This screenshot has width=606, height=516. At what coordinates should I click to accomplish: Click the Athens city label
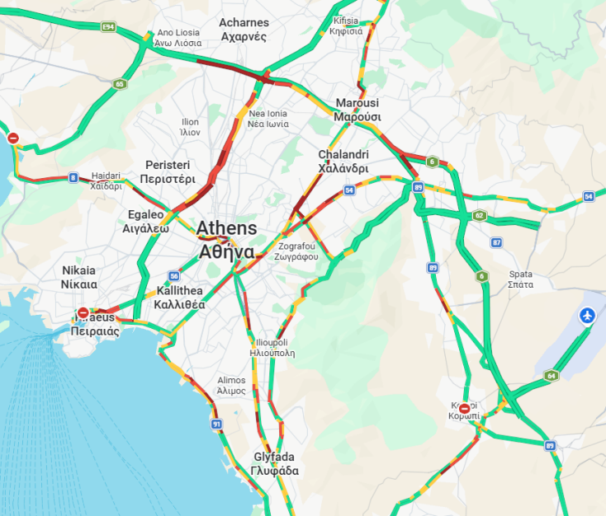tap(225, 240)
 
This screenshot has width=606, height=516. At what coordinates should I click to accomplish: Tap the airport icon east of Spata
tap(587, 315)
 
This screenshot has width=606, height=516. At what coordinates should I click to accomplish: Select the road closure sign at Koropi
tap(465, 408)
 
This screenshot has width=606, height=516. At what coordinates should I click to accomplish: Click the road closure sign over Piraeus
tap(83, 313)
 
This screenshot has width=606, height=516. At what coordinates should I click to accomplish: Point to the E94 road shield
tap(108, 27)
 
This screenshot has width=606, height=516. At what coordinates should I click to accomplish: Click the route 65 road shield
tap(120, 84)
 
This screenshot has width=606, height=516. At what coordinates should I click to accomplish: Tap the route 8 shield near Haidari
tap(73, 177)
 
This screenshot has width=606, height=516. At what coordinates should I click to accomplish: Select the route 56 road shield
tap(174, 276)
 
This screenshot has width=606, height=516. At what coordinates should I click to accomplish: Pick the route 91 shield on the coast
tap(216, 425)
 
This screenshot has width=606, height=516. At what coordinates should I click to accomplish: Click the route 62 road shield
tap(479, 216)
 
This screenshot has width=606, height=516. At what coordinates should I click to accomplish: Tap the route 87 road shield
tap(496, 242)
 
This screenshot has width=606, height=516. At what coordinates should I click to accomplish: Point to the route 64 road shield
tap(551, 376)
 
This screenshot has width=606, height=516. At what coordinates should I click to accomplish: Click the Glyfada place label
tap(275, 463)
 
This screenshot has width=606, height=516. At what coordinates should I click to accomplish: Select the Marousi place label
tap(357, 110)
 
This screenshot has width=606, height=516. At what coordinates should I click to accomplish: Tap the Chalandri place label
tap(343, 161)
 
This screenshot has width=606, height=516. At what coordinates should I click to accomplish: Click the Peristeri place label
tap(168, 171)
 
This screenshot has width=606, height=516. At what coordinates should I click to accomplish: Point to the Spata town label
tap(521, 279)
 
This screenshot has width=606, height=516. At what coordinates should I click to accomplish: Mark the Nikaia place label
tap(78, 277)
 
